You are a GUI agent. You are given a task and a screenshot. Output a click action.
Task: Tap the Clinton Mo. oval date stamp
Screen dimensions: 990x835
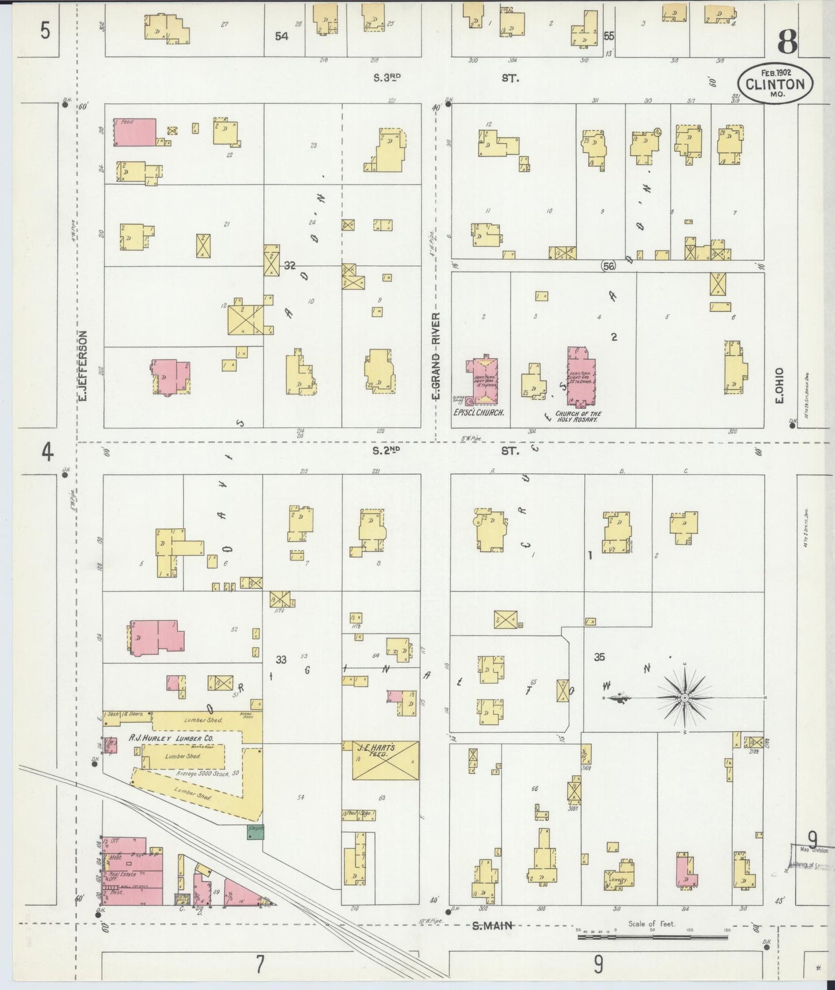click(775, 84)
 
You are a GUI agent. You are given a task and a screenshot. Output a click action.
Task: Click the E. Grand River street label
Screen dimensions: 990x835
click(436, 356)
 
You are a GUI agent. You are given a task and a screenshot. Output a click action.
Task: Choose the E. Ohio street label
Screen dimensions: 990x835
click(780, 385)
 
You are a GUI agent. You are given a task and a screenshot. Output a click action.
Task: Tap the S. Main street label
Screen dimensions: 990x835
click(493, 925)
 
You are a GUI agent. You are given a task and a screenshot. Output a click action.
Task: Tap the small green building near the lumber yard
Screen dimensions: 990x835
click(255, 832)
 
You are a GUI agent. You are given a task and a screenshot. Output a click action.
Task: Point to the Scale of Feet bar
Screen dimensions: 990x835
click(653, 937)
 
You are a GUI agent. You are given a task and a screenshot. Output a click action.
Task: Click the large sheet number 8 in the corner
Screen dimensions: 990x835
click(787, 42)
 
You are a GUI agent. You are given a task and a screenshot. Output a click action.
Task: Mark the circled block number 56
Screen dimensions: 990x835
click(608, 266)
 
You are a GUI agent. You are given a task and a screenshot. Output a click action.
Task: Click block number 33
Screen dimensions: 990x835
click(281, 660)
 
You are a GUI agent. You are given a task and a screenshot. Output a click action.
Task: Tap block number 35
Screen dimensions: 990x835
click(599, 657)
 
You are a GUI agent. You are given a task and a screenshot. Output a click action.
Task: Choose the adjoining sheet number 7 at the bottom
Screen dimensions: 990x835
click(260, 963)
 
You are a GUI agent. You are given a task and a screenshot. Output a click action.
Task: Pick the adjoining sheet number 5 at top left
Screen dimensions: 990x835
click(45, 31)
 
